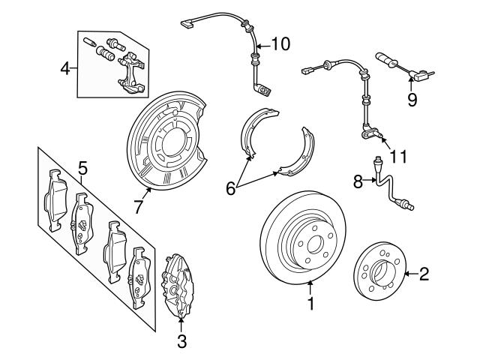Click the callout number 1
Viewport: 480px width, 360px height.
(310, 304)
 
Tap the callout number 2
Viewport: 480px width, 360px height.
(424, 275)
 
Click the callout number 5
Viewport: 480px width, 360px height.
(82, 168)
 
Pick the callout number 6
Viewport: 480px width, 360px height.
(231, 189)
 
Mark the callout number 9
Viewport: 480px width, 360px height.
(412, 99)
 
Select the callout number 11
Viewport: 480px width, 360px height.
(398, 157)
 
